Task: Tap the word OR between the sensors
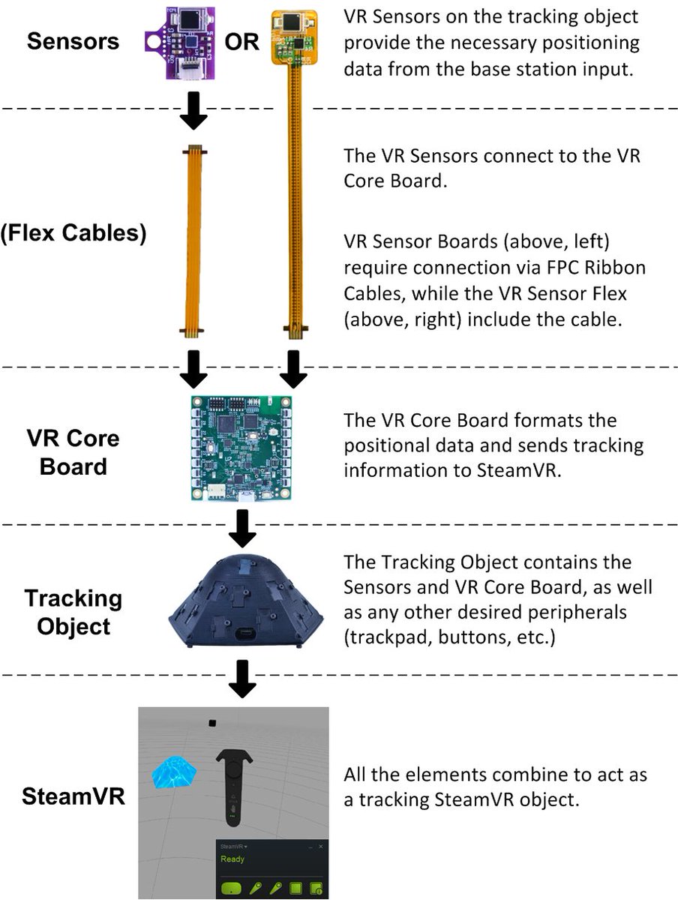coord(241,41)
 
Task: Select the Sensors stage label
coord(73,40)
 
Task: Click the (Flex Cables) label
coord(73,232)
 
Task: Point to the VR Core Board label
coord(73,451)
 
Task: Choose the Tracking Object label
coord(73,612)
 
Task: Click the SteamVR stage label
coord(73,796)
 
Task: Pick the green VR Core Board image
coord(240,448)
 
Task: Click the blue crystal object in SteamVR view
coord(173,772)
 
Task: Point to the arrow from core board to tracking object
coord(241,527)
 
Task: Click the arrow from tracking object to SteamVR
coord(241,678)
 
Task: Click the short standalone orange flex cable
coord(194,240)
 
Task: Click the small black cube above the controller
coord(212,723)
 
